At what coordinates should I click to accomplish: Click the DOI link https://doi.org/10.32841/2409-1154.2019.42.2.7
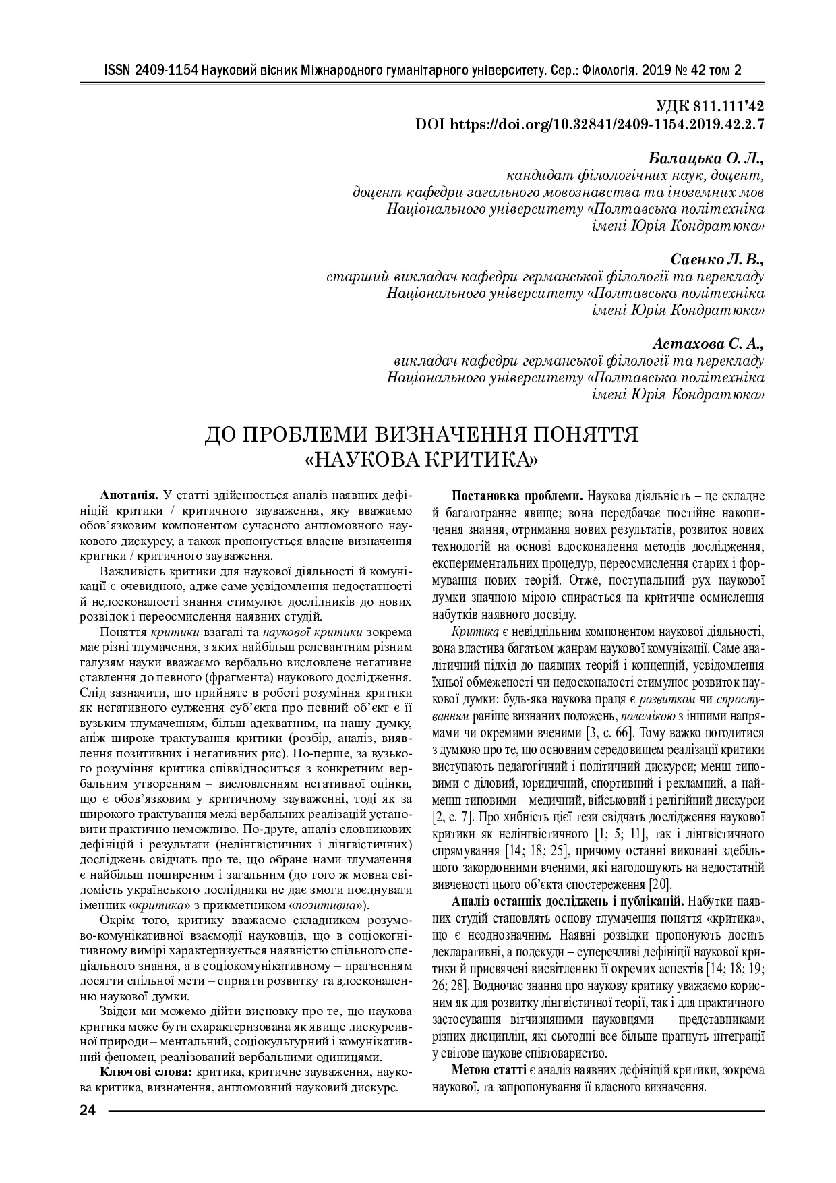point(607,124)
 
